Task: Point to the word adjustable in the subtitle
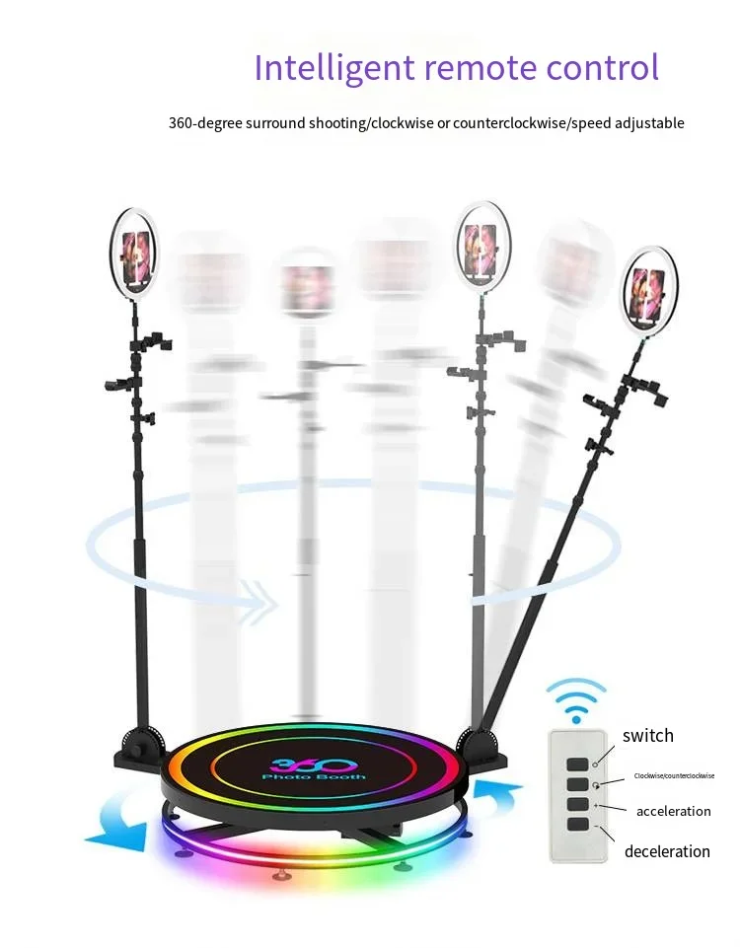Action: click(643, 123)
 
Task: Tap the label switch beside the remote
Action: click(647, 735)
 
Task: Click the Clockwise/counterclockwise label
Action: click(674, 776)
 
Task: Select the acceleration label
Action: click(673, 811)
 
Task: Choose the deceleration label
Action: click(667, 850)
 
